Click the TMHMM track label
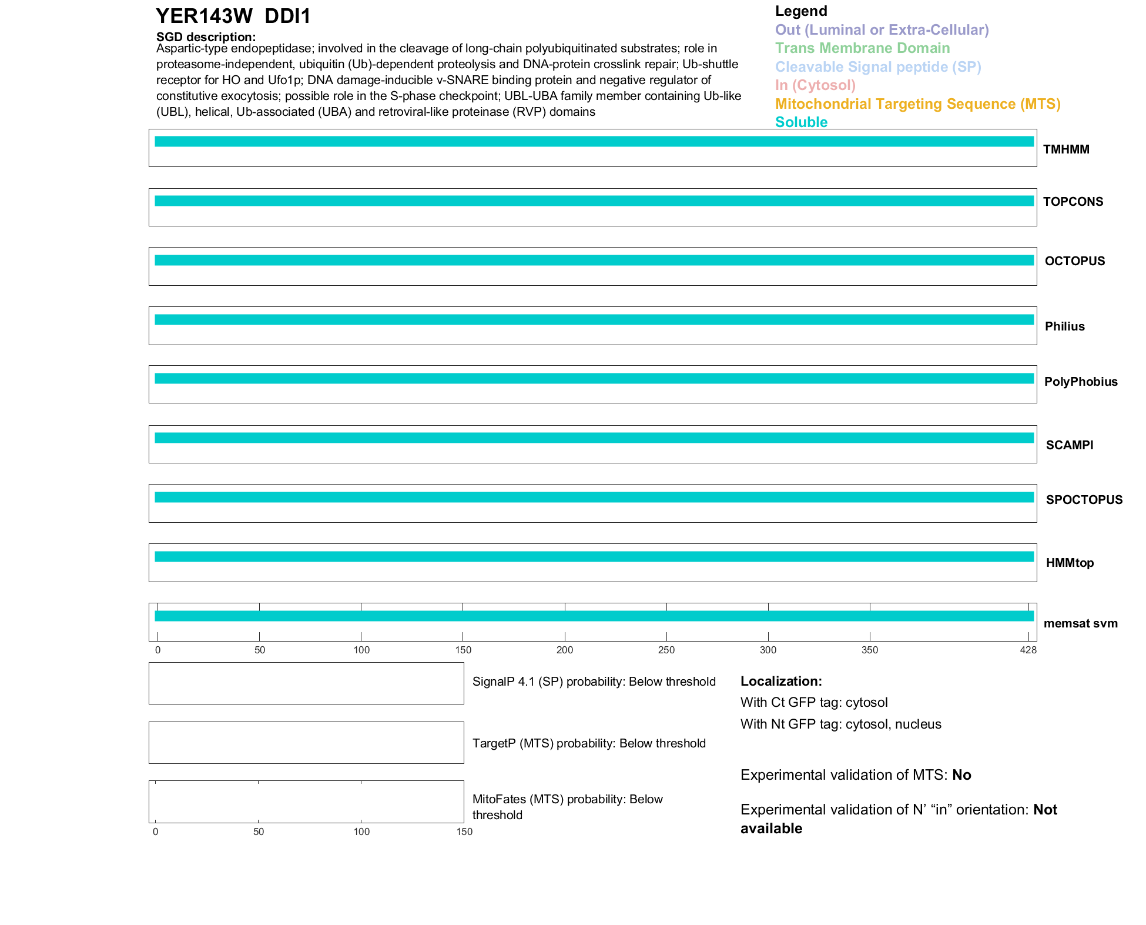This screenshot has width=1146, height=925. coord(1065,149)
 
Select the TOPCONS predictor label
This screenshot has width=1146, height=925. coord(1073,202)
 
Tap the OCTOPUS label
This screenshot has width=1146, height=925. coord(1074,261)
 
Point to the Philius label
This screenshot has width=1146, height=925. coord(1064,326)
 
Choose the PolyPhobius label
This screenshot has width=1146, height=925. coord(1080,382)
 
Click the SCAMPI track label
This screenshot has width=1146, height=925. coord(1069,445)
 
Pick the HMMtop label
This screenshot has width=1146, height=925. coord(1070,563)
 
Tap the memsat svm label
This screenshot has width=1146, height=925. coord(1080,623)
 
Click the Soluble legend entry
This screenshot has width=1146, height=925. coord(801,122)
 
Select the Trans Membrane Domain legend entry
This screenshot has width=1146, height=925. coord(862,48)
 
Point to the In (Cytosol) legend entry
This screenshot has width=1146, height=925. coord(815,85)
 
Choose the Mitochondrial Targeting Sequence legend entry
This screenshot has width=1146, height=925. coord(917,104)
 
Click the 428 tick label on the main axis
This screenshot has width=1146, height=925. coord(1028,650)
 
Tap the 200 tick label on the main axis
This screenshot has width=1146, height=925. coord(565,650)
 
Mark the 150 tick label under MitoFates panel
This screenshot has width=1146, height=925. coord(464,832)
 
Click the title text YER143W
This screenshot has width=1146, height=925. coord(204,16)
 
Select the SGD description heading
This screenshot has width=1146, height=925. coord(206,37)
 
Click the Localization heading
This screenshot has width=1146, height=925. coord(781,681)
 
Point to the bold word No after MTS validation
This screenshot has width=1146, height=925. coord(961,775)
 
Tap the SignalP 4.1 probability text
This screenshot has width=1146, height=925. coord(594,682)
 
